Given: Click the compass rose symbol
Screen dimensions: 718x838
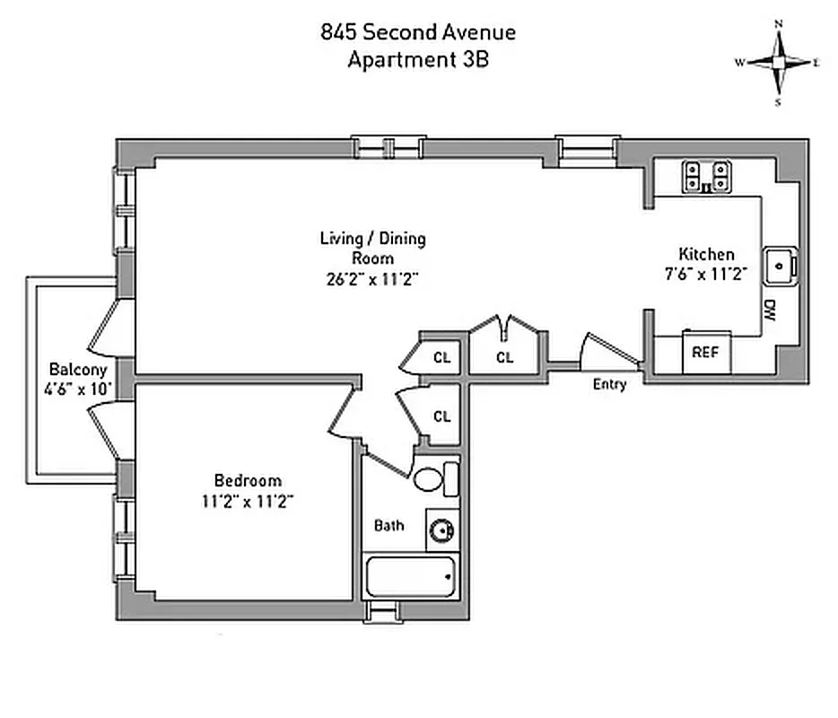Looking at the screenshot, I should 779,63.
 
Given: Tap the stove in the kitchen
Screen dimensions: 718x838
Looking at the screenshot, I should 705,176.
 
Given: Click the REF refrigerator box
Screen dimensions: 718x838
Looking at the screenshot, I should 706,353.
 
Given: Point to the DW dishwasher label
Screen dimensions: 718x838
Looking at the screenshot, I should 771,311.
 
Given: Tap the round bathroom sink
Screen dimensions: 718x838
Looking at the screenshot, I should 441,530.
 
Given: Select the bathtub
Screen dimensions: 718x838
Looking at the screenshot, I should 411,576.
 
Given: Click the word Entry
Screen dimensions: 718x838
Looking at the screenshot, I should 609,384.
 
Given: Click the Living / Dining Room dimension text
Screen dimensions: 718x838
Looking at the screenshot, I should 373,278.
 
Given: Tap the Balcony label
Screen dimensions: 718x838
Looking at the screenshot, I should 78,369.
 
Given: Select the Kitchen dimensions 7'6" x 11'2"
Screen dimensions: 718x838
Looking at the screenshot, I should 706,275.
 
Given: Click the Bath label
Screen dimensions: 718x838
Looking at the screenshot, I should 388,525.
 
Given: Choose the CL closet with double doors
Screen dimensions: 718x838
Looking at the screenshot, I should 505,357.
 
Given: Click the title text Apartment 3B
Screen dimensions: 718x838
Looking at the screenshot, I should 418,60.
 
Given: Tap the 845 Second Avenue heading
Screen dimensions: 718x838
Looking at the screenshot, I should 418,33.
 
